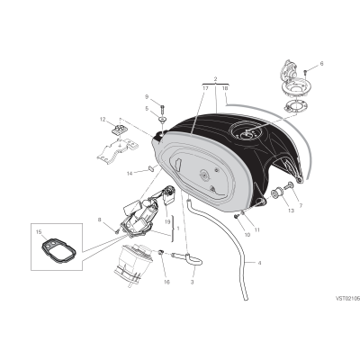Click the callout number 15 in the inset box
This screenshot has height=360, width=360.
[38, 232]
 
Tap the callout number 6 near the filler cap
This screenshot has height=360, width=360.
[322, 64]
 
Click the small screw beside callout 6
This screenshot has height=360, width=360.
[306, 72]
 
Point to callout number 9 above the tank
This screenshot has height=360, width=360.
[147, 96]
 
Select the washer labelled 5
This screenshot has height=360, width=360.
[163, 120]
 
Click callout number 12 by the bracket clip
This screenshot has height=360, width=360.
[103, 120]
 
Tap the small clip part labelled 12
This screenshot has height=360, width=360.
[119, 130]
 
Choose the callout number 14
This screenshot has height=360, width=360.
[130, 174]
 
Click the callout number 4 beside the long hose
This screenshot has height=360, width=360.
[259, 263]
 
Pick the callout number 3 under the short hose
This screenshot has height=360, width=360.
[192, 282]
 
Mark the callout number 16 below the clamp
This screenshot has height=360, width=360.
[166, 282]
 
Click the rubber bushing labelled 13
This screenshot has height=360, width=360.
[276, 193]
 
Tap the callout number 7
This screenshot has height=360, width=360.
[301, 206]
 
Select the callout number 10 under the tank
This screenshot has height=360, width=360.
[247, 235]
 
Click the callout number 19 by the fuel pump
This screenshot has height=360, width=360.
[167, 222]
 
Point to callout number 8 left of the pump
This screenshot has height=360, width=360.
[100, 220]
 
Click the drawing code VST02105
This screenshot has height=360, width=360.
[347, 299]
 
